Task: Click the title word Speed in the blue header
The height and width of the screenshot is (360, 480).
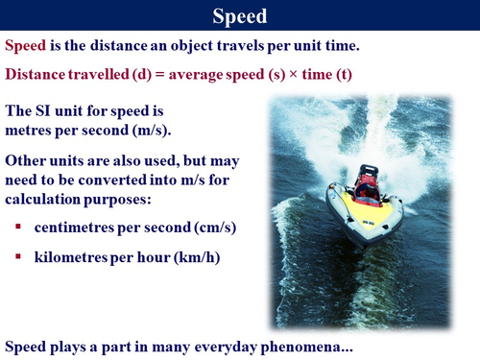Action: [239, 15]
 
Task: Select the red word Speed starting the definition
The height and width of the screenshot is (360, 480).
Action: [27, 45]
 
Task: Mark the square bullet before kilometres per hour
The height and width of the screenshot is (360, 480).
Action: [19, 257]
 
